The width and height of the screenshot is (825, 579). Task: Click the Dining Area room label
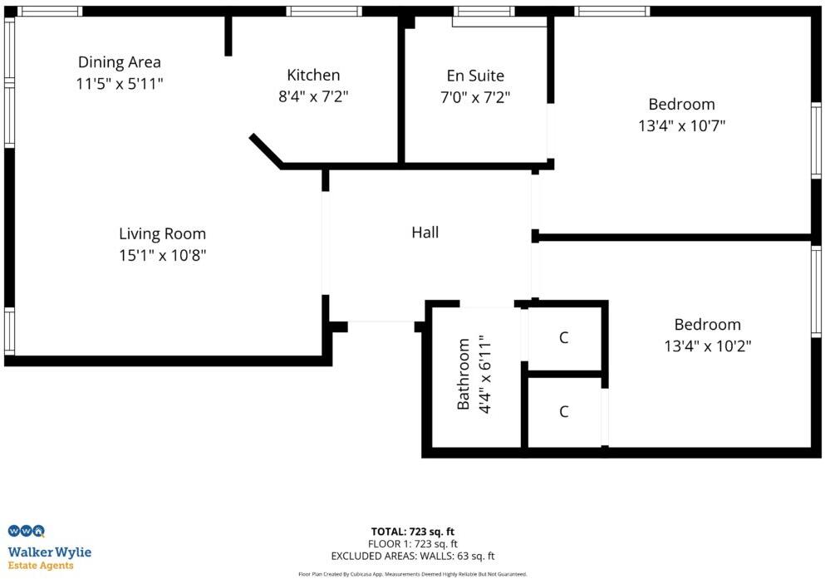pos(120,62)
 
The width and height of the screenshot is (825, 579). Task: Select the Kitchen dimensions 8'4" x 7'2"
pos(313,96)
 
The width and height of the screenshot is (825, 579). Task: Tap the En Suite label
pos(475,76)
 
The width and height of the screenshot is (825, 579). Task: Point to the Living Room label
pos(162,234)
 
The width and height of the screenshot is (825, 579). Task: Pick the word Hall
pos(425,233)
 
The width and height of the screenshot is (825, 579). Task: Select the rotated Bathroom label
pos(464,374)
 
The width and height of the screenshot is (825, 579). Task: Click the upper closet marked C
pos(564,338)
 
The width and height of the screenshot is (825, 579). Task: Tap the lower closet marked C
pos(564,411)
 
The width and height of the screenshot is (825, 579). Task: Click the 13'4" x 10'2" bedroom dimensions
pos(707,346)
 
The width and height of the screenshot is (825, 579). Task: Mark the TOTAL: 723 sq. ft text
pos(412,532)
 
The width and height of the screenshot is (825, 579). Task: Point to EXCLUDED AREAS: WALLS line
pos(412,557)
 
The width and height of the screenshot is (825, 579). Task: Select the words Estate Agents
pos(41,566)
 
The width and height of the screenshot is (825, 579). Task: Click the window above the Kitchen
pos(325,12)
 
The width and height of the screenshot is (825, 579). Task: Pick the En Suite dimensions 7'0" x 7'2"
pos(475,97)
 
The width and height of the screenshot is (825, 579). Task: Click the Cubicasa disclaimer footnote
pos(412,574)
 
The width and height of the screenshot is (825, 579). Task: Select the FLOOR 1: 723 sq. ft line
pos(412,544)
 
